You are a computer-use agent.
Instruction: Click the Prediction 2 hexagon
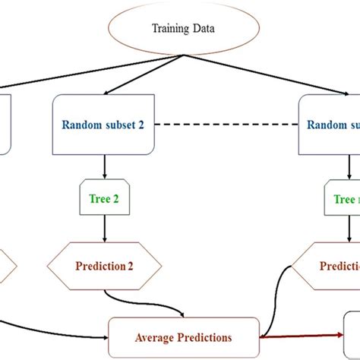coord(104,267)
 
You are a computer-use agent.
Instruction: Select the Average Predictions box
coord(185,336)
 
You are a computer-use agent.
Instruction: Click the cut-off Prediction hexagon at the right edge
coord(330,267)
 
